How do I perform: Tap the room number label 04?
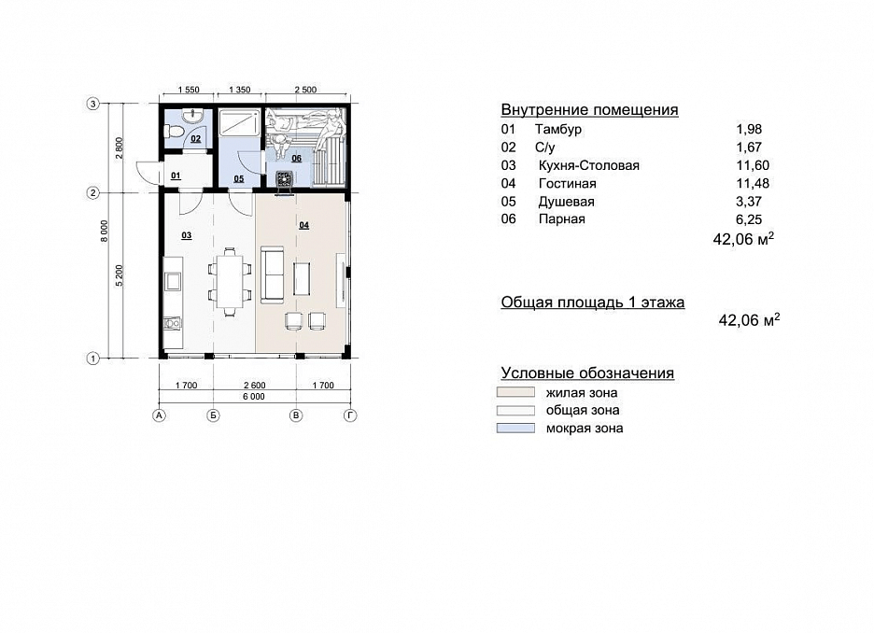pyautogui.click(x=303, y=225)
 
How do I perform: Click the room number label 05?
pyautogui.click(x=238, y=179)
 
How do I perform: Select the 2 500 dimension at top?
pyautogui.click(x=305, y=89)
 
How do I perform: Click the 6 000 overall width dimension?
pyautogui.click(x=254, y=397)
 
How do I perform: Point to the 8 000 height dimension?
pyautogui.click(x=105, y=232)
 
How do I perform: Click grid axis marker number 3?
pyautogui.click(x=93, y=104)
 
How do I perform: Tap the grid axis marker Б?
pyautogui.click(x=213, y=415)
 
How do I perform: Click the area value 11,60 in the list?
pyautogui.click(x=753, y=165)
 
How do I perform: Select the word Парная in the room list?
pyautogui.click(x=562, y=219)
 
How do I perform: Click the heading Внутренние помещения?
pyautogui.click(x=590, y=110)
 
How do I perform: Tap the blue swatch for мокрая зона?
pyautogui.click(x=515, y=428)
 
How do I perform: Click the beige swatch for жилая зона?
pyautogui.click(x=515, y=392)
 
